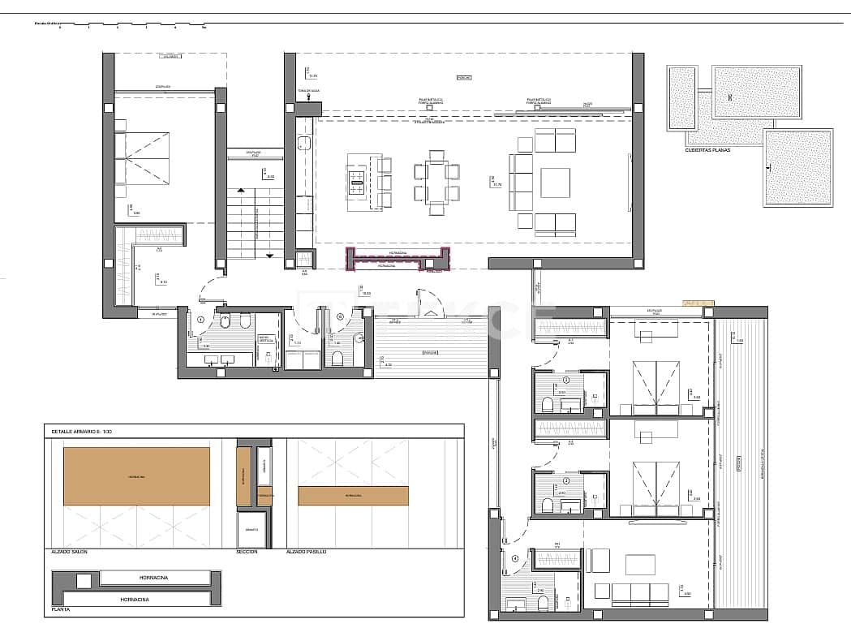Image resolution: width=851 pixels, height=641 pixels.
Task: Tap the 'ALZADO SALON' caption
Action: [x=69, y=551]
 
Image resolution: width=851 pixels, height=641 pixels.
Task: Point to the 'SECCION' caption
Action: [x=247, y=551]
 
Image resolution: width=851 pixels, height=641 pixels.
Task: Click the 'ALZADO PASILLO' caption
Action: [x=306, y=551]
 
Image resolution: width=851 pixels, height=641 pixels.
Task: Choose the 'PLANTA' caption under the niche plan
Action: [x=59, y=608]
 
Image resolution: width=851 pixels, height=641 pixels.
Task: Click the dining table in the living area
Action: [x=436, y=182]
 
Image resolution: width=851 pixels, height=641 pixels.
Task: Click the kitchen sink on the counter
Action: [x=304, y=144]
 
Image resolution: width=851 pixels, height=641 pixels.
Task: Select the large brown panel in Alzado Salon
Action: [x=136, y=475]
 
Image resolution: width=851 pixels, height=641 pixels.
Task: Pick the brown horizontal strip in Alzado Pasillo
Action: [x=353, y=495]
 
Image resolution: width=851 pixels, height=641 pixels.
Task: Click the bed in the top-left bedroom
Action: [x=146, y=158]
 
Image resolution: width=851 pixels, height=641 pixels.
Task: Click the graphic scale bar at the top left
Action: [x=122, y=25]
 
